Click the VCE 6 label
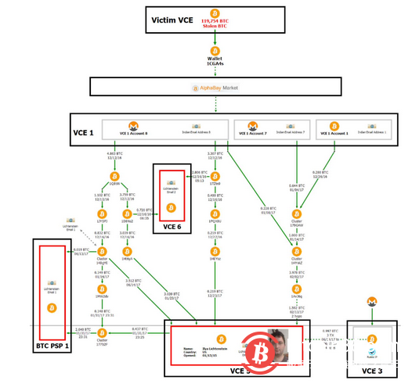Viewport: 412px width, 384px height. (x=172, y=227)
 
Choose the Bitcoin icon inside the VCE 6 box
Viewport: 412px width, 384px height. (x=172, y=207)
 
